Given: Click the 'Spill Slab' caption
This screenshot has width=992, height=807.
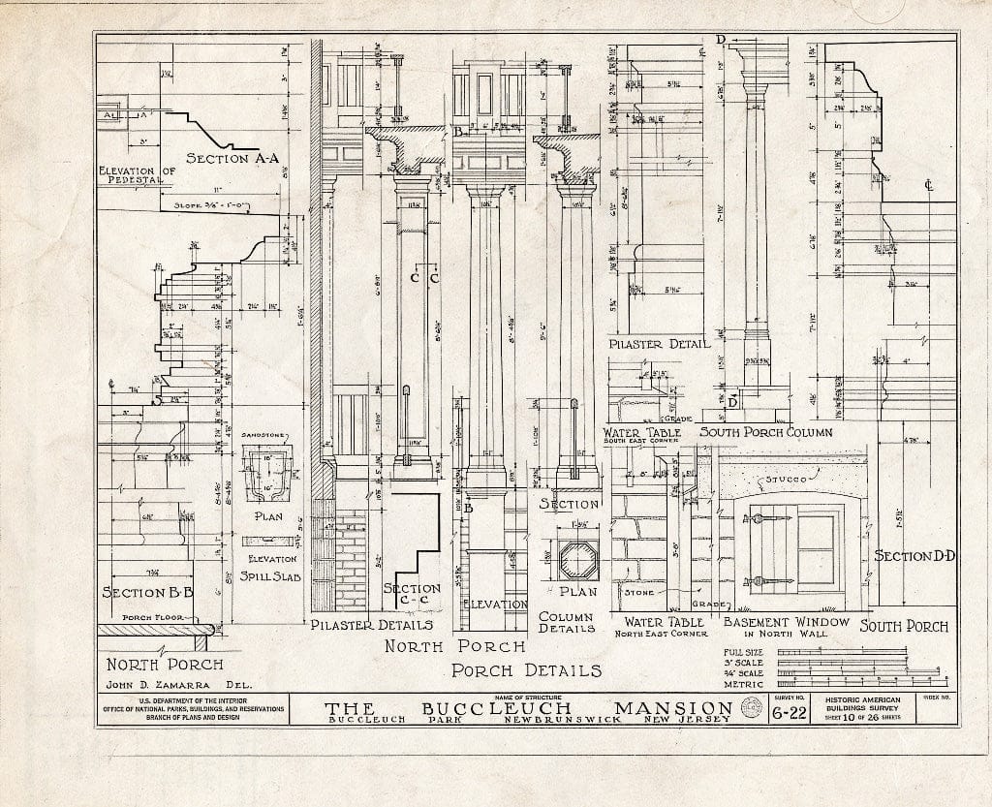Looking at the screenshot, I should pyautogui.click(x=272, y=577).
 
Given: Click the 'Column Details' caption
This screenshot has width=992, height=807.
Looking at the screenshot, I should pyautogui.click(x=567, y=621).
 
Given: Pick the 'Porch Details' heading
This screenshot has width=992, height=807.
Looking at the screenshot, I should pyautogui.click(x=526, y=669).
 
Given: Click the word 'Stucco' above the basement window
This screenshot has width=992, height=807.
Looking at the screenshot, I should pyautogui.click(x=786, y=479).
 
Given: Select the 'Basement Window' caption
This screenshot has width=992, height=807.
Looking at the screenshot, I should pyautogui.click(x=787, y=622).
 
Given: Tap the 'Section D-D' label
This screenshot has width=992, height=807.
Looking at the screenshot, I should pyautogui.click(x=914, y=556).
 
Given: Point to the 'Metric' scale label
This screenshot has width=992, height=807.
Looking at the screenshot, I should pyautogui.click(x=750, y=685).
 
